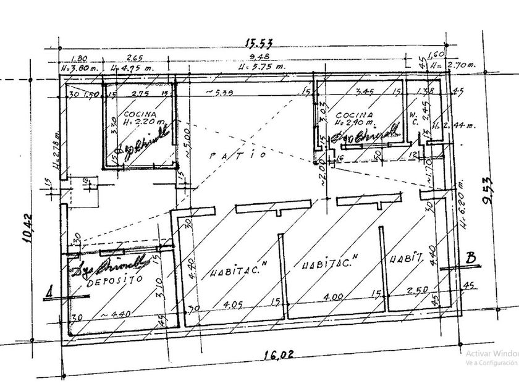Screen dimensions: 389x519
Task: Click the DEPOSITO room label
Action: click(x=113, y=279)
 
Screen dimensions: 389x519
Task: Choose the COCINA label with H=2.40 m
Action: click(x=353, y=120)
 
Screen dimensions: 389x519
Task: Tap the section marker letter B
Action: click(x=471, y=259)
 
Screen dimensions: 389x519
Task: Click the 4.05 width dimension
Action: click(x=230, y=304)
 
